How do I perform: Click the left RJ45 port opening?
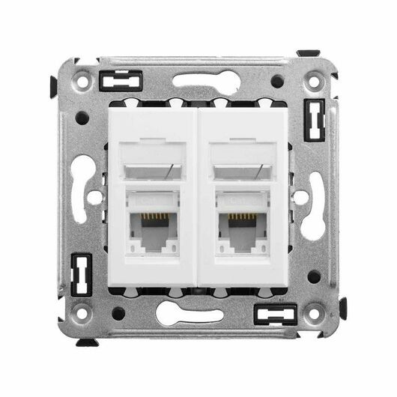point(154,228)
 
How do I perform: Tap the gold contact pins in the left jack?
point(154,217)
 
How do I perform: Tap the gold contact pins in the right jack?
point(241,217)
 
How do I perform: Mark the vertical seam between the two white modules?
point(198,198)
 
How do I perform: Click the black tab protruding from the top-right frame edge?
point(308,54)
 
